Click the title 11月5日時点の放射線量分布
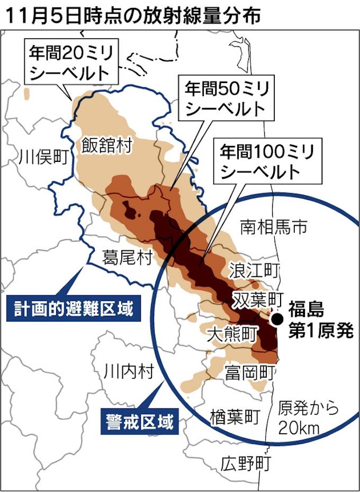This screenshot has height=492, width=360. pos(132,15)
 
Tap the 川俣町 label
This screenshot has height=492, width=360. pos(44,157)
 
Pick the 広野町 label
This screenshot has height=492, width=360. pos(246,463)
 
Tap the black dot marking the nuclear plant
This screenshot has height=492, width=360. pos(276,318)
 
